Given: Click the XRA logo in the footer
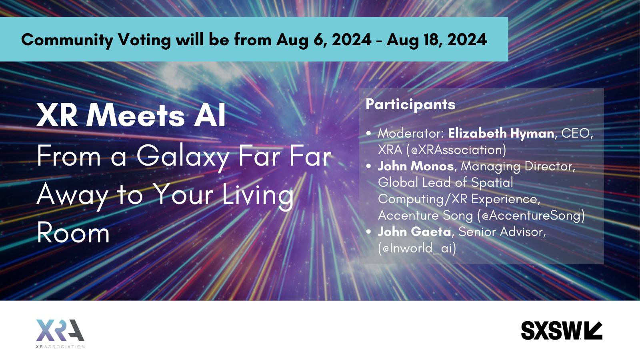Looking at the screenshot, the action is (x=60, y=334).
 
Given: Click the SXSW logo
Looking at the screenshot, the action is (x=562, y=330).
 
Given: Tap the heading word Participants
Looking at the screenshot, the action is (x=410, y=104).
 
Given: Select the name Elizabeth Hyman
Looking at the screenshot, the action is (x=501, y=134).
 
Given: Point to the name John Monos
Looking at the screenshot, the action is (x=416, y=166).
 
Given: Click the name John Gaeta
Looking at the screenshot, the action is (x=414, y=232).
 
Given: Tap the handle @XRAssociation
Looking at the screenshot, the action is (x=456, y=150).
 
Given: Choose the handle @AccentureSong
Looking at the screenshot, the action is (x=531, y=216).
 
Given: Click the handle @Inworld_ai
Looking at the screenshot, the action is (x=417, y=248).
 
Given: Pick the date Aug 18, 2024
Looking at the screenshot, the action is (x=437, y=40).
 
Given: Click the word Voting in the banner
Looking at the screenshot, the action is (x=144, y=40).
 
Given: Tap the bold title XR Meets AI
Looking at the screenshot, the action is (x=131, y=116).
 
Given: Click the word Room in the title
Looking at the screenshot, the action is (x=73, y=234).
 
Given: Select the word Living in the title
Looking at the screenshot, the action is (x=258, y=196).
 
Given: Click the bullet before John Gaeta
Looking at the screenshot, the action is (x=368, y=232).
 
